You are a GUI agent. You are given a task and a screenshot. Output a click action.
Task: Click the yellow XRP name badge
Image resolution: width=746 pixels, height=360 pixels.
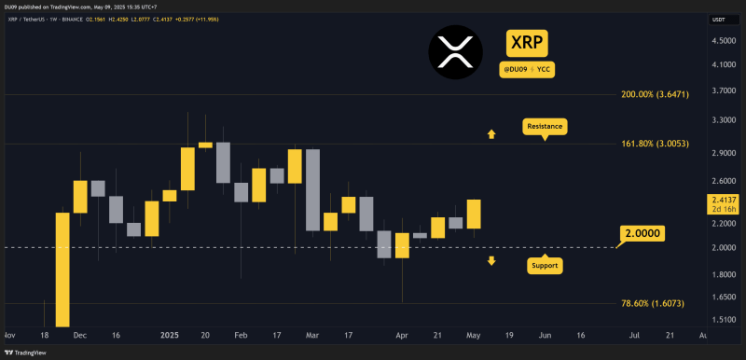[526, 41]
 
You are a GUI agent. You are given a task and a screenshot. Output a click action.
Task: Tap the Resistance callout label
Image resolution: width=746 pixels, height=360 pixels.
[545, 125]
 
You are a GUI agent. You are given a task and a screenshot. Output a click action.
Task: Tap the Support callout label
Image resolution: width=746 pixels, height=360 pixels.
[545, 266]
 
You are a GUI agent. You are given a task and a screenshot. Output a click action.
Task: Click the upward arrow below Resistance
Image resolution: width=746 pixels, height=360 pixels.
[490, 135]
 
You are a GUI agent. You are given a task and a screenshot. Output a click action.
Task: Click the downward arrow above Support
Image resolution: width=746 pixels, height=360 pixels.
[491, 260]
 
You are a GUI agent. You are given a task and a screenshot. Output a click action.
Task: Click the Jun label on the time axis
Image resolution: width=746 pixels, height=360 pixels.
[546, 333]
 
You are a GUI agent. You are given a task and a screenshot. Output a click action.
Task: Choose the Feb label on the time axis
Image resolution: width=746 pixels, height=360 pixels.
[242, 333]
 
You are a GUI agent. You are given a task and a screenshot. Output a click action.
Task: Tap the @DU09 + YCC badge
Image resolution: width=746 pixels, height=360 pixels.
[526, 68]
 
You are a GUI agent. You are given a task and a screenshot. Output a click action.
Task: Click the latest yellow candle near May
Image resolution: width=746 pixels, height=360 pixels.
[474, 214]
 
